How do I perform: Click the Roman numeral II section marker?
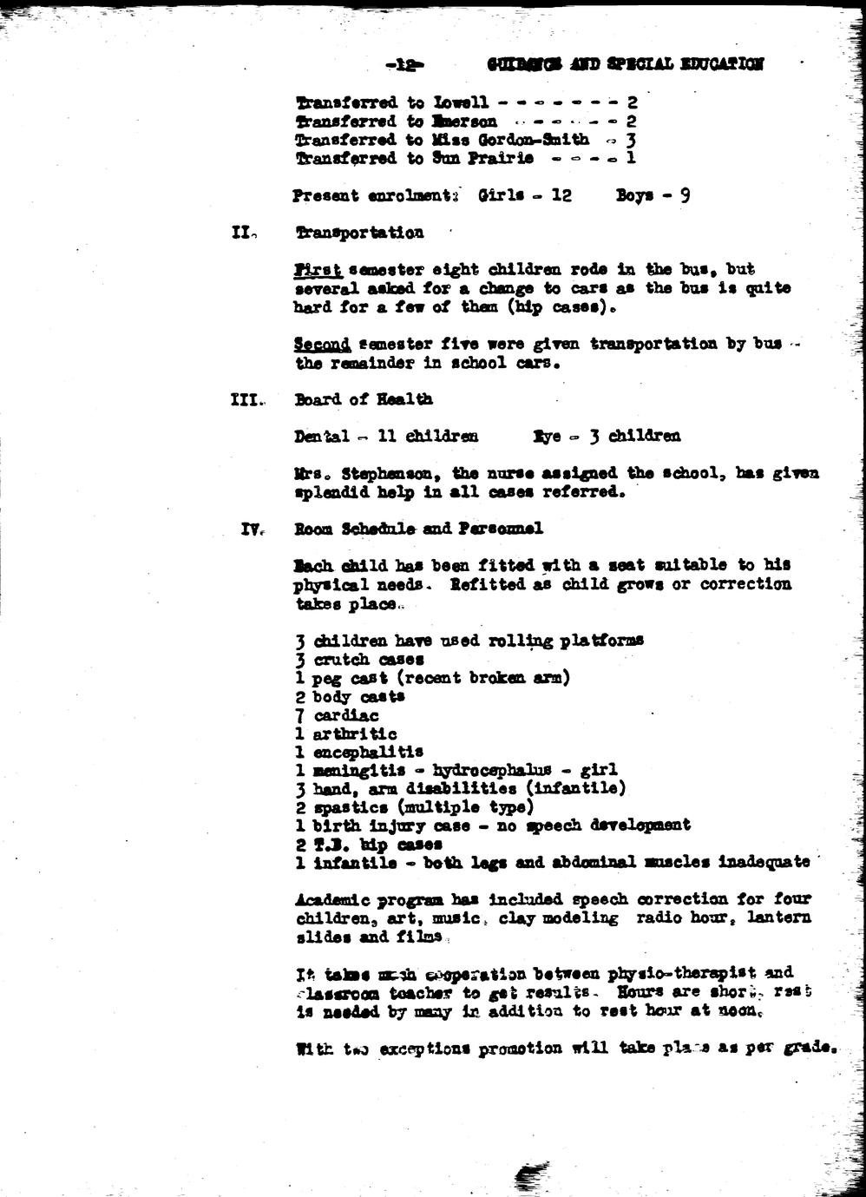[241, 233]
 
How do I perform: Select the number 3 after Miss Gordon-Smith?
[631, 140]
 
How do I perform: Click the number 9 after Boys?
[685, 195]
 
